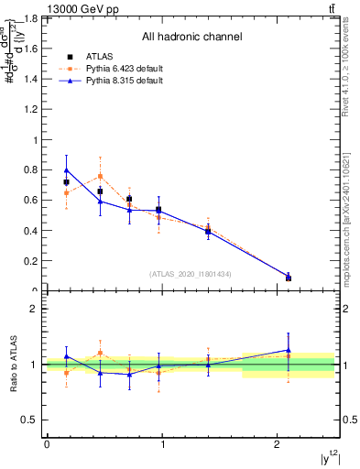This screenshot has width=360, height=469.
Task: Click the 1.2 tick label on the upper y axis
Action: (32, 110)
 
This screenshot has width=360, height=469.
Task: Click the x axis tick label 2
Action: (278, 445)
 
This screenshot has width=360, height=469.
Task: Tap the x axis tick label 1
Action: (162, 445)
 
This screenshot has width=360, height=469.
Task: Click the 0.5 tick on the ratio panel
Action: (32, 420)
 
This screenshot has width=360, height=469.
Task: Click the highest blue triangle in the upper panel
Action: (66, 169)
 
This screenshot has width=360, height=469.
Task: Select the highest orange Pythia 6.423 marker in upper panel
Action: (100, 176)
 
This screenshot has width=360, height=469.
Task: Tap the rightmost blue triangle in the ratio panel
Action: (289, 350)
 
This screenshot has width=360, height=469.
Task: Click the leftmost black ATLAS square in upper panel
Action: (66, 182)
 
